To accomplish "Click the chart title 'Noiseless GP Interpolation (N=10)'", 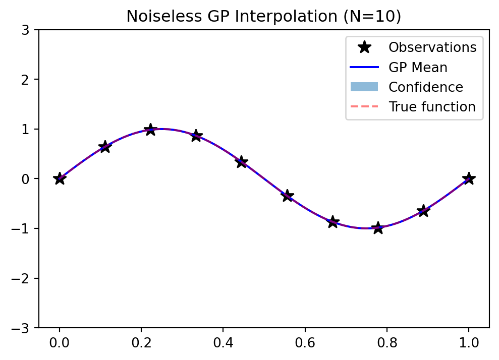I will point(263,16).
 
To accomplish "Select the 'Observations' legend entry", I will point(432,47).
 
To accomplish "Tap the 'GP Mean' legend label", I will point(417,67).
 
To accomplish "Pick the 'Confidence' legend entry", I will point(425,87).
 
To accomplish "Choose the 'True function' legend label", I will point(432,107).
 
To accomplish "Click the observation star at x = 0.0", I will point(60,178).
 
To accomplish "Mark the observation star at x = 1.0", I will point(469,178).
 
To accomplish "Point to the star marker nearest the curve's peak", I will point(150,130).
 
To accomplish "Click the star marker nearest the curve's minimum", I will point(378,228).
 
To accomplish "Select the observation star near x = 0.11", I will point(105,147).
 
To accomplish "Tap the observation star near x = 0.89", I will point(423,211).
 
